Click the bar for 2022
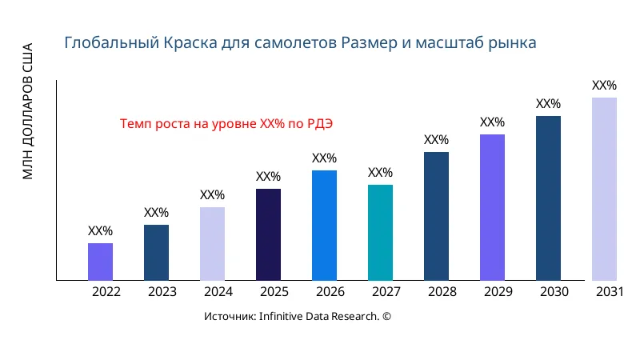pos(100,262)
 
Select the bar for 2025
pos(268,234)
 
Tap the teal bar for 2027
pos(380,233)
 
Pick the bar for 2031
pos(604,189)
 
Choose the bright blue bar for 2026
pos(324,225)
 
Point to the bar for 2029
pos(492,207)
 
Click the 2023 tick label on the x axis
pos(162,292)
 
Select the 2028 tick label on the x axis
pos(442,292)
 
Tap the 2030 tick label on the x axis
pos(554,292)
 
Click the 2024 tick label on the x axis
pos(218,292)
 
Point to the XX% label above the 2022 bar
pos(100,231)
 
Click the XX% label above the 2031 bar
pos(604,86)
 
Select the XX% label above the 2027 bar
pos(380,173)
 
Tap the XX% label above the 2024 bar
pos(212,195)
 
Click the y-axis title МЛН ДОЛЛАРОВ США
pos(28,110)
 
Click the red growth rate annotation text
pos(226,124)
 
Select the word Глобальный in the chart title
pos(101,42)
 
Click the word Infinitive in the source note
pos(287,317)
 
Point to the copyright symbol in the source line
pos(386,317)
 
